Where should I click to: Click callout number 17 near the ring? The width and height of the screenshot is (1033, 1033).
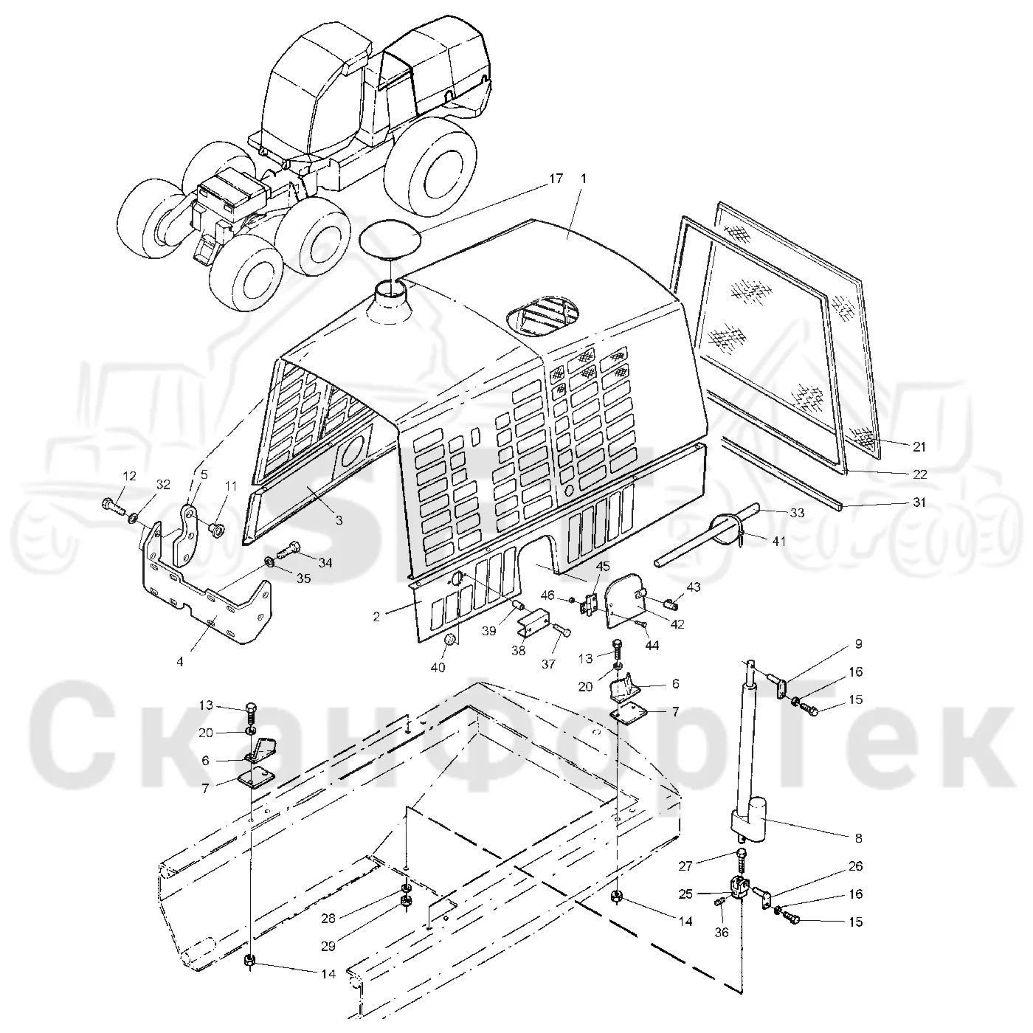[556, 178]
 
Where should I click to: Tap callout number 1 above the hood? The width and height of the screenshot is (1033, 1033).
[584, 179]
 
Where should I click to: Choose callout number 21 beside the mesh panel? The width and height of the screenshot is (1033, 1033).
[919, 446]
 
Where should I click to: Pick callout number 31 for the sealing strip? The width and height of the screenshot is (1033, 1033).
[919, 502]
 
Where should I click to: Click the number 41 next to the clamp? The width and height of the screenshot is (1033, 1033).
[778, 541]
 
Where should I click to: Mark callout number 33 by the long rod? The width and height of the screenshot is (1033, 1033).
[797, 513]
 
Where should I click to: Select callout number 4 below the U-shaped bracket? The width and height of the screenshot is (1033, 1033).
[180, 662]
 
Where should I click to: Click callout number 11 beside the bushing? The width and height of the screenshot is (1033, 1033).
[230, 486]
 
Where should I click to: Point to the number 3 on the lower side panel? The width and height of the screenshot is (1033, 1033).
[339, 519]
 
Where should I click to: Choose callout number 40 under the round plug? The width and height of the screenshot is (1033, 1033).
[438, 667]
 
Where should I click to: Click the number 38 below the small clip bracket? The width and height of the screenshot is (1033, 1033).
[519, 652]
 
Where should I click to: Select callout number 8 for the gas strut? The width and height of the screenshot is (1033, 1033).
[858, 838]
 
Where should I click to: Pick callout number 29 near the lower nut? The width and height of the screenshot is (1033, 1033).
[328, 946]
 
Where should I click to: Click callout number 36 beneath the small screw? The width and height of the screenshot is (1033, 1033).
[722, 932]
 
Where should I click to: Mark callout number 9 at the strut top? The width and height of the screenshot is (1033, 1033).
[858, 644]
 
